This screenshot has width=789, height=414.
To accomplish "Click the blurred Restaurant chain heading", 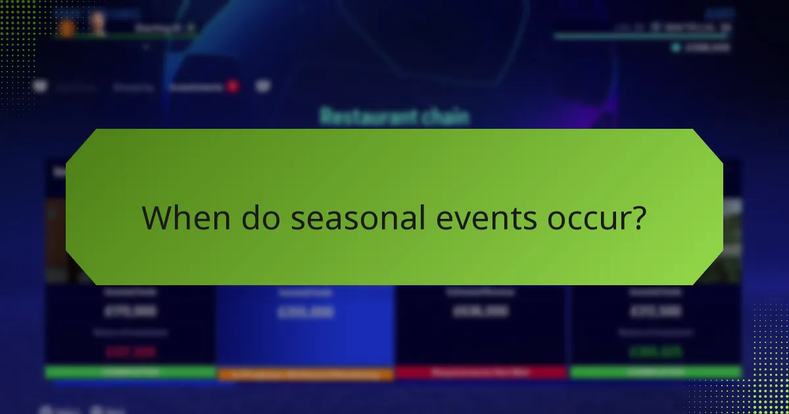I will pos(394,117).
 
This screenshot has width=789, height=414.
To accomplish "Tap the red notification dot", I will pos(232,86).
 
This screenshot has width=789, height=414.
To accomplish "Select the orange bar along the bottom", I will pos(306,375).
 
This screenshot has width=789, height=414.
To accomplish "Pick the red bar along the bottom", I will pos(481,373).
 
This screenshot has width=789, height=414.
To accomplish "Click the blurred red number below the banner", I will pos(130,352).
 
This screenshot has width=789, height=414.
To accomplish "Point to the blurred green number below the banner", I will pos(656,352).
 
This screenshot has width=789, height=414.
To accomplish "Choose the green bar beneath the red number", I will pos(130,373).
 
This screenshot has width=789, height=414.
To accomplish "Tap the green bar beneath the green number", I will pos(656,373).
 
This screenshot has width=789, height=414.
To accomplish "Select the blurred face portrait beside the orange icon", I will pos(99,24).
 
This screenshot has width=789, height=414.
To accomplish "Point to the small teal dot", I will pos(675,47).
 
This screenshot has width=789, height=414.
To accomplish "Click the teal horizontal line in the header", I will pos(641,37).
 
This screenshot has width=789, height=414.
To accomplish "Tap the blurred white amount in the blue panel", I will pos(306,312).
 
